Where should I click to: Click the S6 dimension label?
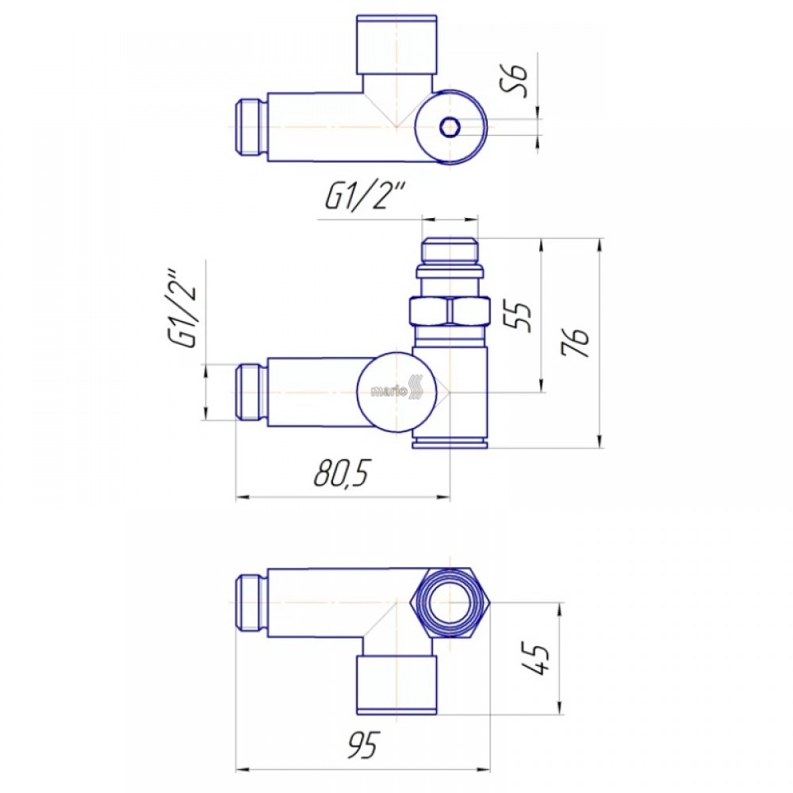[x=516, y=81]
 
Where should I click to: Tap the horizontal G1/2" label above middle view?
[x=364, y=197]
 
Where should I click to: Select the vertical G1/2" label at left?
[x=182, y=312]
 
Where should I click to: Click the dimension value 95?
[x=362, y=745]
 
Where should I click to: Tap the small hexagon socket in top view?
[x=448, y=127]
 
